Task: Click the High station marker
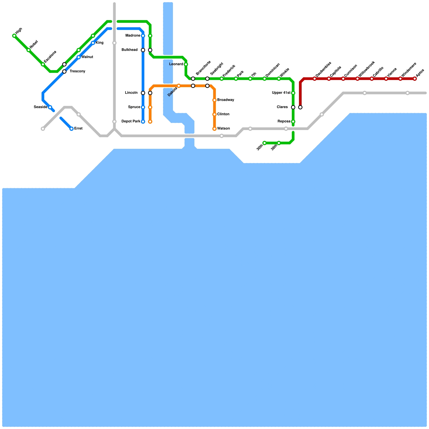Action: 14,36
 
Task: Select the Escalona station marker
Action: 43,65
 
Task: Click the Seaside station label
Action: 40,107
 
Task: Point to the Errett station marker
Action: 72,129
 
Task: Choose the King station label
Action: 99,43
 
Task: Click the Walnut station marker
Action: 79,57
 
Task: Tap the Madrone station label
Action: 133,36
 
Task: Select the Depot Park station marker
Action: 143,122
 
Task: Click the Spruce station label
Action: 134,107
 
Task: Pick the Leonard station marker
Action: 186,65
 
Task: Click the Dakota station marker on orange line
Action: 179,86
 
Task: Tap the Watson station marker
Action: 214,129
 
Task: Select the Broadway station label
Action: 225,100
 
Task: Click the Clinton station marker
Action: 214,114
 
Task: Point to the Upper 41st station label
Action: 281,93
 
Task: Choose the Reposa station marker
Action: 293,122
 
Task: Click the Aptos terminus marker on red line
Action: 415,79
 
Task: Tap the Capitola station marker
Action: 329,79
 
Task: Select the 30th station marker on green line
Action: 265,143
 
